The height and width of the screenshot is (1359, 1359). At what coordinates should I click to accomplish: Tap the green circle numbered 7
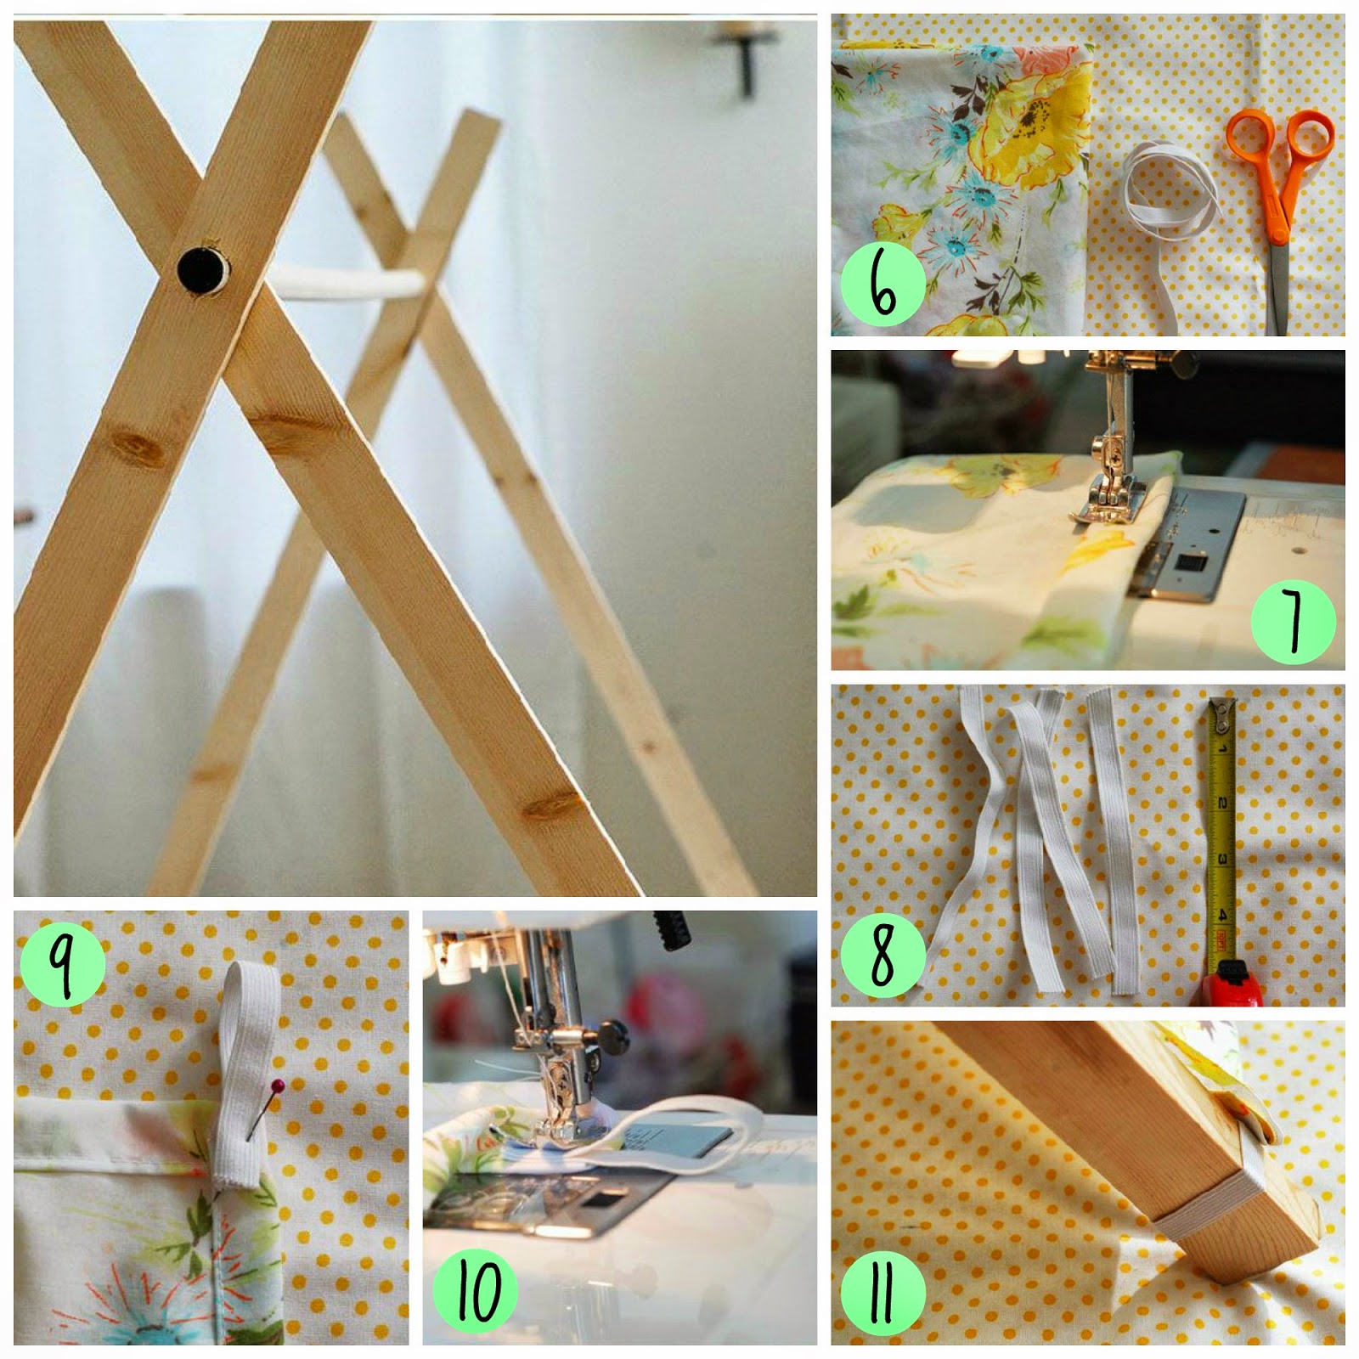[1293, 620]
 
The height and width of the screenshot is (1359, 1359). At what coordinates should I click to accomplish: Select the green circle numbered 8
[883, 955]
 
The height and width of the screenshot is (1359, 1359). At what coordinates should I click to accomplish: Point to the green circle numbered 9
[62, 965]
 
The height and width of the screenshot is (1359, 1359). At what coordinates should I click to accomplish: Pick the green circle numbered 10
[475, 1289]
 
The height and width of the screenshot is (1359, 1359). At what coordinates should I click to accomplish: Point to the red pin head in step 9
[278, 1086]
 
